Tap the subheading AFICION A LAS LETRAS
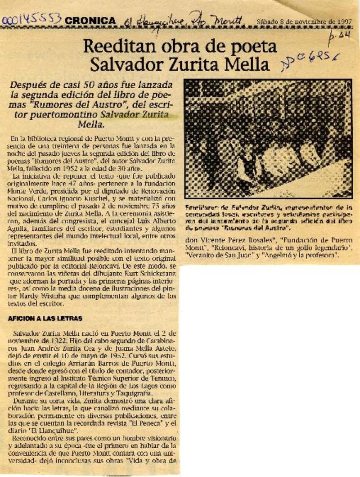45,319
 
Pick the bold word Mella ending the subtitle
91,124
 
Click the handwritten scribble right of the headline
310,61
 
